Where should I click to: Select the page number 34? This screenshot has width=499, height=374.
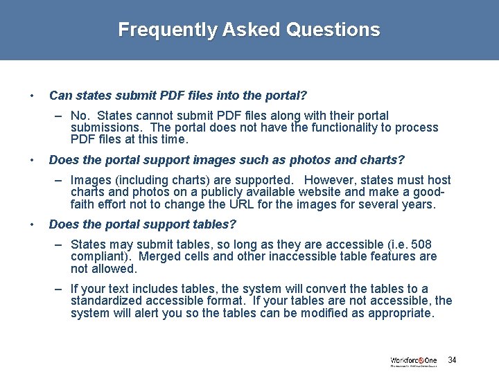pyautogui.click(x=452, y=360)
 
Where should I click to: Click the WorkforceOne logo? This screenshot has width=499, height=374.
pyautogui.click(x=414, y=361)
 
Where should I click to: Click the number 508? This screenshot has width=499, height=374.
pyautogui.click(x=421, y=244)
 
